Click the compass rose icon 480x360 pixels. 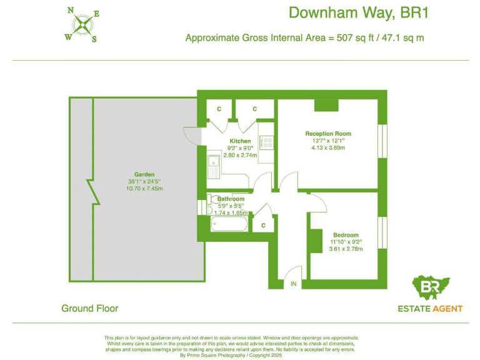(82, 25)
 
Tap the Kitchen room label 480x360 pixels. (240, 141)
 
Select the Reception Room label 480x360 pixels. (328, 134)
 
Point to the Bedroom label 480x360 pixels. (345, 235)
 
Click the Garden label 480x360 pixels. (144, 174)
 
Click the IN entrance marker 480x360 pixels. (293, 284)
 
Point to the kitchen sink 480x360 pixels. (213, 165)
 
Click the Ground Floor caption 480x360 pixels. (89, 308)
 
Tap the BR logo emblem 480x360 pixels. (431, 287)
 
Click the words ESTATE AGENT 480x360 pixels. (431, 308)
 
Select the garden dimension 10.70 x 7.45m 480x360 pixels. (144, 189)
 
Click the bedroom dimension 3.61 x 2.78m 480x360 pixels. (346, 249)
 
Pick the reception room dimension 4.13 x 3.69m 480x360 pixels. (328, 148)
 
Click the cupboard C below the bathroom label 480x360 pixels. (263, 225)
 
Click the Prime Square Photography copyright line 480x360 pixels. (231, 355)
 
